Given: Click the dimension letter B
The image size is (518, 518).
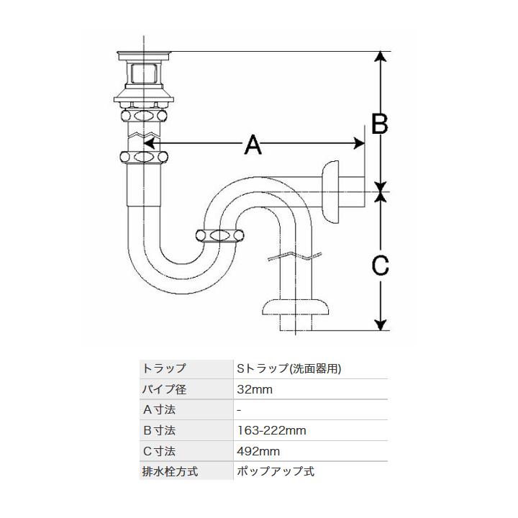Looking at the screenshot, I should coord(379,123).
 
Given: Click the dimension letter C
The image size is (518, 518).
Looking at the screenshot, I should coord(380,265).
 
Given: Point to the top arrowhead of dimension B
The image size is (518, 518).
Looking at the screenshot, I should coord(381,57).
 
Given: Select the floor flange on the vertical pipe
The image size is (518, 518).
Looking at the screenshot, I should coord(296,309).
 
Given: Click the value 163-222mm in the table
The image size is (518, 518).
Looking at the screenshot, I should coord(271,431).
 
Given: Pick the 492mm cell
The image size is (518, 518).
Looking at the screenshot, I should coord(258,452).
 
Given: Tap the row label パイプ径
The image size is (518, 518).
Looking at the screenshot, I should coord(165,389).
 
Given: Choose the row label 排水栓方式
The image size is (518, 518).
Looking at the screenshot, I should coord(171,473).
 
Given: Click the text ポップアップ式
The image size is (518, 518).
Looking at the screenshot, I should coord(275,473).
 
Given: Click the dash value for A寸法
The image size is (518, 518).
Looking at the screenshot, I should coord(239,410).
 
